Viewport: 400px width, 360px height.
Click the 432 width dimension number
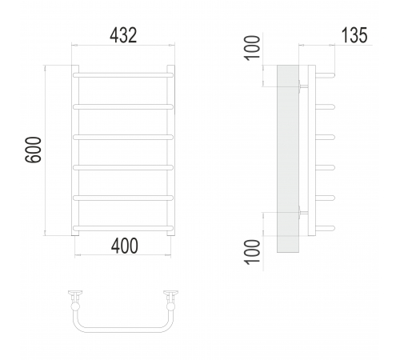pyautogui.click(x=123, y=35)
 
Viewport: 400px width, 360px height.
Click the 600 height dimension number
pyautogui.click(x=34, y=150)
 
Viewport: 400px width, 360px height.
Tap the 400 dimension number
pyautogui.click(x=125, y=246)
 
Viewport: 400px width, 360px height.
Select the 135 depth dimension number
pyautogui.click(x=354, y=35)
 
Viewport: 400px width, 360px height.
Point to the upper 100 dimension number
pyautogui.click(x=252, y=48)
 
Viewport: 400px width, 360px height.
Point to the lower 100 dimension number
pyautogui.click(x=252, y=252)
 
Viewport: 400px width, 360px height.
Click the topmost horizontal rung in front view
pyautogui.click(x=123, y=75)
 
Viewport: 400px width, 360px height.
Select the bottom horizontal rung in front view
pyautogui.click(x=123, y=228)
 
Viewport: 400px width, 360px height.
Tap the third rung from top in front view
pyautogui.click(x=123, y=137)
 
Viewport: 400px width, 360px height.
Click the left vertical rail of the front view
pyautogui.click(x=75, y=150)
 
